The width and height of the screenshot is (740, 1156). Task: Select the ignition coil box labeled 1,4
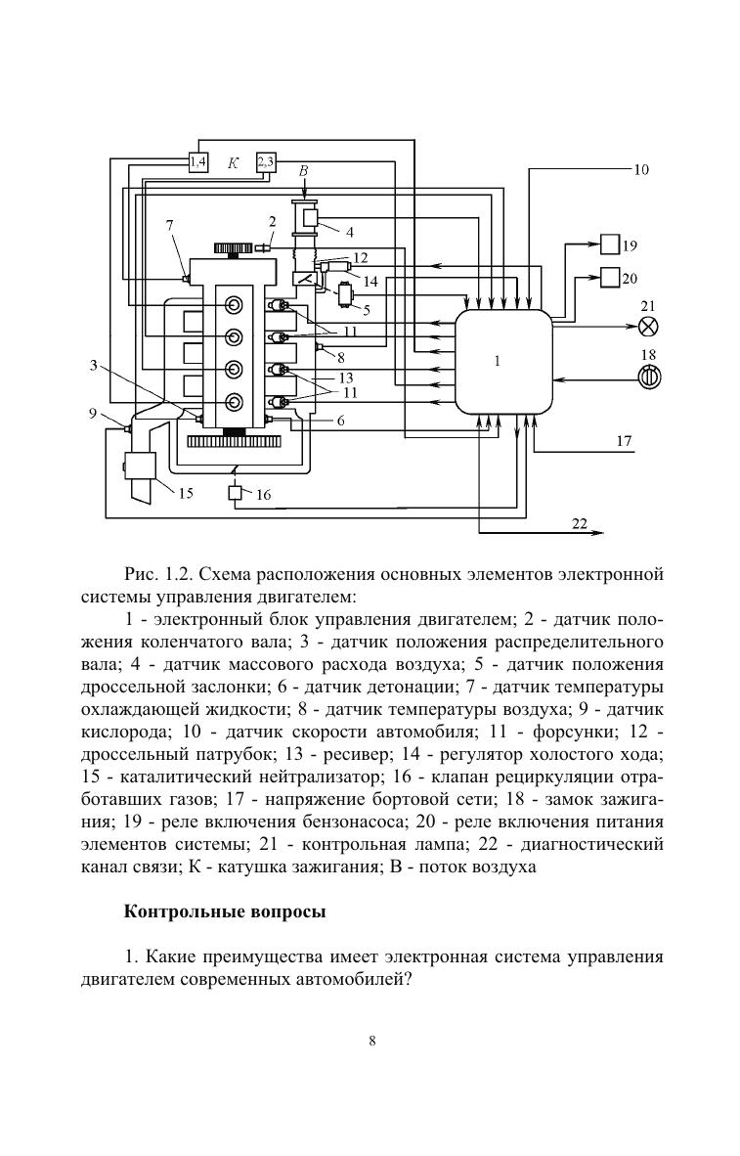(x=197, y=161)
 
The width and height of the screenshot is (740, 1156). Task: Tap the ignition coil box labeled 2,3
(x=266, y=161)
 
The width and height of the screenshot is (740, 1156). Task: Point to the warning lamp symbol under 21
(x=647, y=327)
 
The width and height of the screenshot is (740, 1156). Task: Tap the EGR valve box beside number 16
(x=235, y=494)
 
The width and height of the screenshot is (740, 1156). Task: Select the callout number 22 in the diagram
(x=579, y=524)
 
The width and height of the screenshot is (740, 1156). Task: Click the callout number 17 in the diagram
(x=624, y=441)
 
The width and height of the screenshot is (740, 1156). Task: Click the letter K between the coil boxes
(x=233, y=163)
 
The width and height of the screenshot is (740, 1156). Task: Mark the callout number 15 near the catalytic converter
(x=186, y=493)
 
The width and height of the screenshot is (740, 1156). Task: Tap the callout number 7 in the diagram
(x=170, y=225)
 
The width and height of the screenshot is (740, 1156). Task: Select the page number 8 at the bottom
(x=372, y=1041)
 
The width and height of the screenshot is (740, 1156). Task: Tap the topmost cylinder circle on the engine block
(x=234, y=305)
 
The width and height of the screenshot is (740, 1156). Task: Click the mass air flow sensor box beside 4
(x=310, y=217)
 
